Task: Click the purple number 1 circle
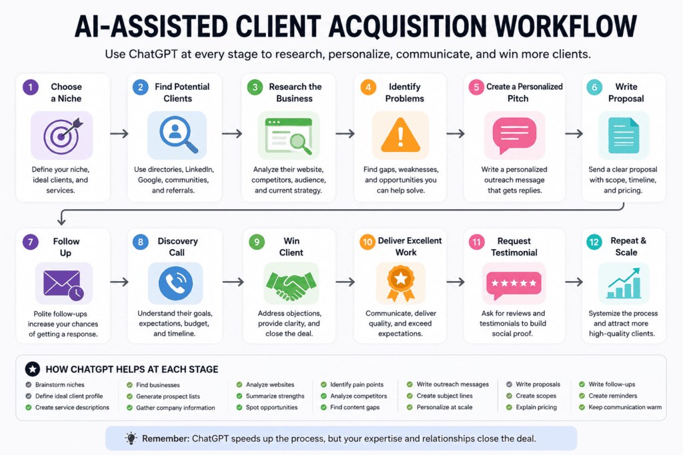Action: pyautogui.click(x=31, y=87)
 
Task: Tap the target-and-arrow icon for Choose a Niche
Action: pyautogui.click(x=63, y=136)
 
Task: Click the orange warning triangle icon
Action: pyautogui.click(x=400, y=135)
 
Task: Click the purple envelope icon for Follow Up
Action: pyautogui.click(x=63, y=284)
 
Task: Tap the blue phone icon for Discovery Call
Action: pyautogui.click(x=175, y=283)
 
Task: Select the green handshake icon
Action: pyautogui.click(x=291, y=285)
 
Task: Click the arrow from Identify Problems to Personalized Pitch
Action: pyautogui.click(x=456, y=133)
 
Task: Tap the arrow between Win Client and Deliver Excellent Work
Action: pyautogui.click(x=345, y=282)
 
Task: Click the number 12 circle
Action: pyautogui.click(x=594, y=242)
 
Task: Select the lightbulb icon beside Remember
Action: pyautogui.click(x=131, y=438)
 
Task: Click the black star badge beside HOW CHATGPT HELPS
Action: pyautogui.click(x=33, y=369)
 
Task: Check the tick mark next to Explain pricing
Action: pyautogui.click(x=509, y=407)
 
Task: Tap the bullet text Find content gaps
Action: pyautogui.click(x=355, y=407)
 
